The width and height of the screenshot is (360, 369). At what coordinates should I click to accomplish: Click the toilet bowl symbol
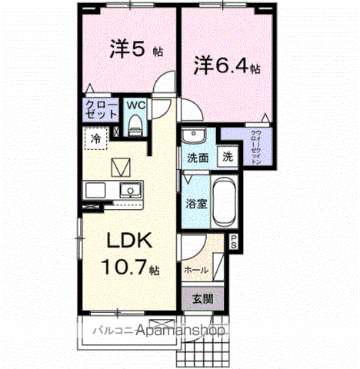click(x=135, y=122)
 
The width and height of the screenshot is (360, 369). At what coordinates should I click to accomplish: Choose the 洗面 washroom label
click(x=198, y=158)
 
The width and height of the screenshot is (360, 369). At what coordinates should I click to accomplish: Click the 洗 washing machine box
click(x=228, y=157)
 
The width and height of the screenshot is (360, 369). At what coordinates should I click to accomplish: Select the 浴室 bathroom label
click(x=195, y=204)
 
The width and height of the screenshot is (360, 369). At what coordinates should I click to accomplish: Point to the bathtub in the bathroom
click(x=223, y=201)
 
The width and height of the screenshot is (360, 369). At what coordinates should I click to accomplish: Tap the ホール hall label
click(x=195, y=270)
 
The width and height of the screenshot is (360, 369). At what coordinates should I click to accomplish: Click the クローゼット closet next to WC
click(x=102, y=108)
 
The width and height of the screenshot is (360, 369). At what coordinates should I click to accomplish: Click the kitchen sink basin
click(x=131, y=190)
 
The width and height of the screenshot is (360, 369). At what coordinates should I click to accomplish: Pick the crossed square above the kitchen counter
click(x=122, y=166)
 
